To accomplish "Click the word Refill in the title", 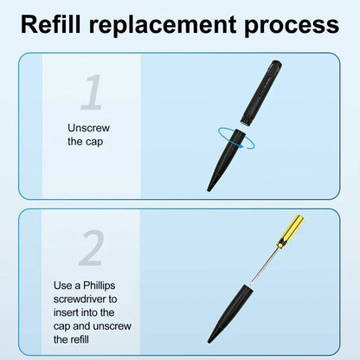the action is click(x=51, y=24).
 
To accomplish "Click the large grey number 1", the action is click(x=92, y=92).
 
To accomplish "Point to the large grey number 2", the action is click(x=92, y=247).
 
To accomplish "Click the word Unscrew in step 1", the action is click(x=88, y=128).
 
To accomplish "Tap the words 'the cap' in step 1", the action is click(x=85, y=142).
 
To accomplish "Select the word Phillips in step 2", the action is click(x=100, y=286).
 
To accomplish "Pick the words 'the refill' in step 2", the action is click(x=71, y=339).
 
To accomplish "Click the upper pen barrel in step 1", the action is click(x=261, y=93).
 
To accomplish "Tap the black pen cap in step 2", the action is click(x=231, y=314).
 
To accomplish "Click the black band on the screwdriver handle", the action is click(x=280, y=245).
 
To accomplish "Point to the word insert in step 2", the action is click(x=66, y=312).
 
